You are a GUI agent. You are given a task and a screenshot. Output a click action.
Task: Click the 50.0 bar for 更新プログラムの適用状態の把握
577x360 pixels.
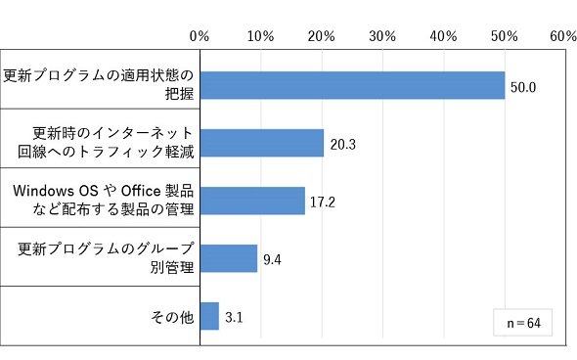pos(352,85)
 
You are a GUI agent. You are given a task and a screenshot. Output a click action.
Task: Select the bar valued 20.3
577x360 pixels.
pos(262,143)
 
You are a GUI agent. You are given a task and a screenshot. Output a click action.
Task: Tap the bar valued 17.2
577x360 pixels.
pos(253,201)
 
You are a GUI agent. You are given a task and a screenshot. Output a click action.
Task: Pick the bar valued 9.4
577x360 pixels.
pos(229,258)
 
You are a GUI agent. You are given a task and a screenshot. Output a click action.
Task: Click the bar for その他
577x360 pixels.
pos(209,316)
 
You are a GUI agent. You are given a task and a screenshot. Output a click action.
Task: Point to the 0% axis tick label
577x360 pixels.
pos(200,36)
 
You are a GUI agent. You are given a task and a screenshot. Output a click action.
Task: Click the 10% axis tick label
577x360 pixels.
pos(260,36)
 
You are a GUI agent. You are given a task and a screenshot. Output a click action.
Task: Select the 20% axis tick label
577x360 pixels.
pos(321,36)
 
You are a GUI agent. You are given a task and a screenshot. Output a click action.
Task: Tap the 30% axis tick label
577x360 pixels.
pos(382,36)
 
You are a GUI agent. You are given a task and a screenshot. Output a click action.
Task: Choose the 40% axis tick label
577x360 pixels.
pos(443,36)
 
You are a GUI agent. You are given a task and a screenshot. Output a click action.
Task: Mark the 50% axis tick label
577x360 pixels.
pos(504,36)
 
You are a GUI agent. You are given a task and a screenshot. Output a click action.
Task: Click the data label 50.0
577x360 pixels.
pos(523,88)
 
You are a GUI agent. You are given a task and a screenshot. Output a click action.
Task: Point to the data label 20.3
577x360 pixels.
pos(342,145)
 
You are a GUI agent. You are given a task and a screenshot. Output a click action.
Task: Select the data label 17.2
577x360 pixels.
pos(323,202)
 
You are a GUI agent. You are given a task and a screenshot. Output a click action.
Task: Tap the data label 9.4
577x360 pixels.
pos(272,260)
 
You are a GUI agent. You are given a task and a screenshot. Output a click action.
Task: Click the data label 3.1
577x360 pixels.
pos(234,317)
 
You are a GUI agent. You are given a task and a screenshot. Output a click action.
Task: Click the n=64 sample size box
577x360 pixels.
pos(523,323)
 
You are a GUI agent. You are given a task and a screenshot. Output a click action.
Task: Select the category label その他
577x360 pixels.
pos(172,317)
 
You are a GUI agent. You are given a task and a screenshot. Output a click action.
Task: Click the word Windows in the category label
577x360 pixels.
pos(43,191)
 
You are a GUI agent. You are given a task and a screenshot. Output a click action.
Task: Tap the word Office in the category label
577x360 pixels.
pos(141,191)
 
